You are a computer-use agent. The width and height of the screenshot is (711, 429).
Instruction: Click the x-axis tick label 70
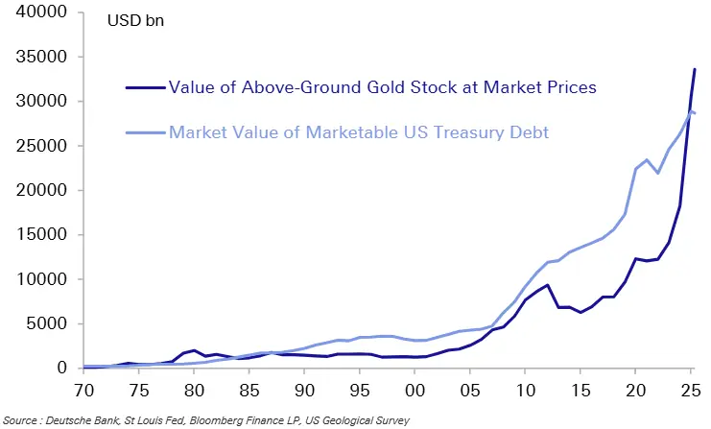(83, 392)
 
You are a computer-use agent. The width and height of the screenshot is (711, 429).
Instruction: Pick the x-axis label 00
(415, 392)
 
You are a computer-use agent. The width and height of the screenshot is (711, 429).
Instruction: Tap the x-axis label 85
(249, 392)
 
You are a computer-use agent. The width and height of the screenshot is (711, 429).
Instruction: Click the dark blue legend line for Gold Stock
(145, 87)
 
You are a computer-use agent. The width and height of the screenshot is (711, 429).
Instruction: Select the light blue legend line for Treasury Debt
(145, 131)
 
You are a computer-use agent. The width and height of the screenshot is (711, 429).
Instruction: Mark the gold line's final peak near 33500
(695, 69)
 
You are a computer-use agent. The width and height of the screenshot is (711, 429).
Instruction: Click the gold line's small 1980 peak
(195, 350)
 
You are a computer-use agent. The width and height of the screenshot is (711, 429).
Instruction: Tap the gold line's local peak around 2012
(547, 285)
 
